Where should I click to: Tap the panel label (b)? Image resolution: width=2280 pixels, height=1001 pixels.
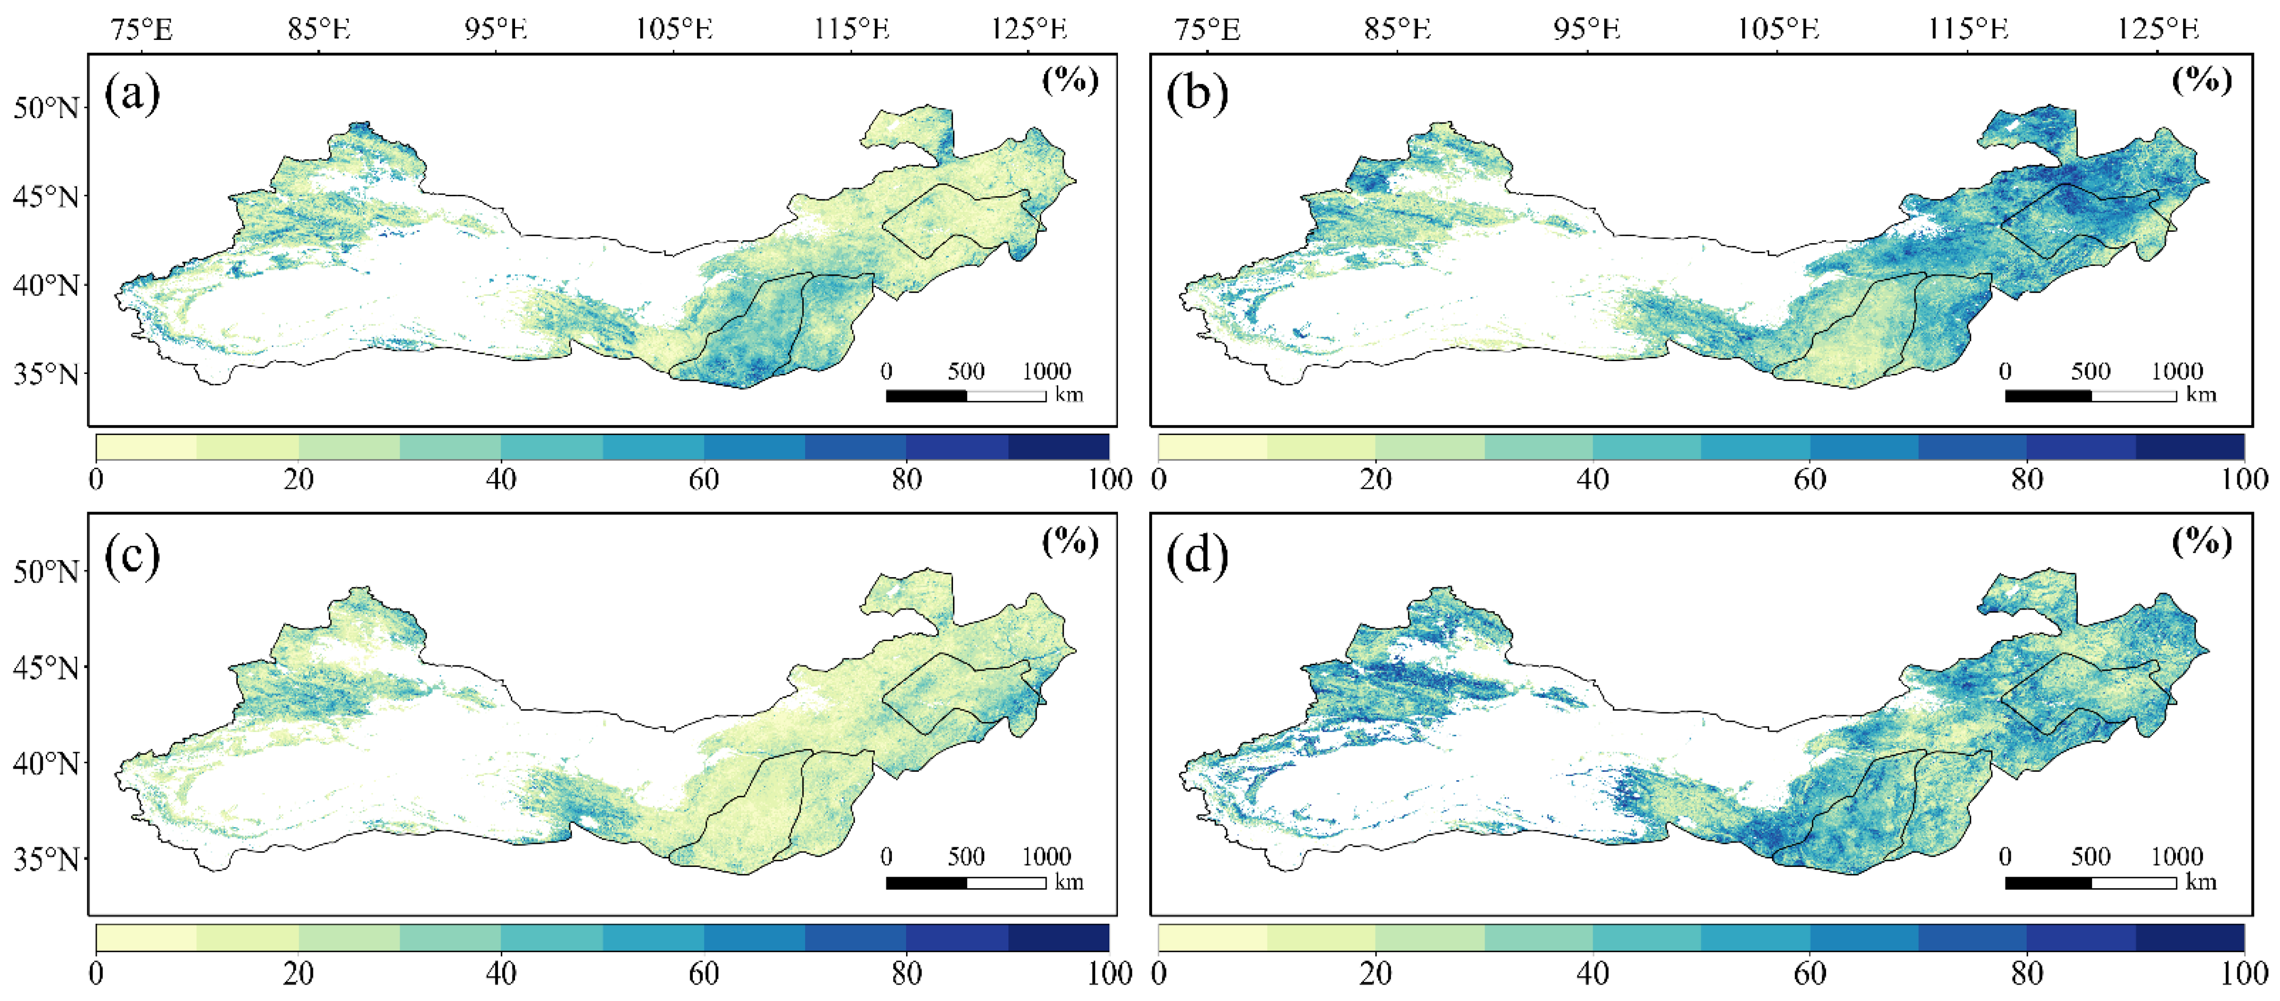[x=1197, y=93]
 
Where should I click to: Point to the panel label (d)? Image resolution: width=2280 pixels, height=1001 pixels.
[x=1197, y=557]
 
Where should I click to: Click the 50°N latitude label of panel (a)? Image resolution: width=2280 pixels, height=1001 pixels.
[x=45, y=108]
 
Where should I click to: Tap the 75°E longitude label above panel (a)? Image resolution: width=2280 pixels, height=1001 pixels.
[x=142, y=29]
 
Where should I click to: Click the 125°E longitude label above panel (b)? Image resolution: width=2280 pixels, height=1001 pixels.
[x=2158, y=29]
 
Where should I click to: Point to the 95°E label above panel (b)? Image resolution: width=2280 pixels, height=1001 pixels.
[x=1587, y=29]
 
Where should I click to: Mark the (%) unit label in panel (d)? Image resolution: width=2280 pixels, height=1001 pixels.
[x=2202, y=541]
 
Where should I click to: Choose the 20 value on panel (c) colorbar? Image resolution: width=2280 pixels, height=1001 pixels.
[x=299, y=973]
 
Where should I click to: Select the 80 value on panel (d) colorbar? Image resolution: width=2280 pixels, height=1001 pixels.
[x=2027, y=973]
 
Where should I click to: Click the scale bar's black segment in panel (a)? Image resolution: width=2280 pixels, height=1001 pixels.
[x=926, y=396]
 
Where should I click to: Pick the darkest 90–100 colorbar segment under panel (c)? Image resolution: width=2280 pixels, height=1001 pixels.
[x=1058, y=937]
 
